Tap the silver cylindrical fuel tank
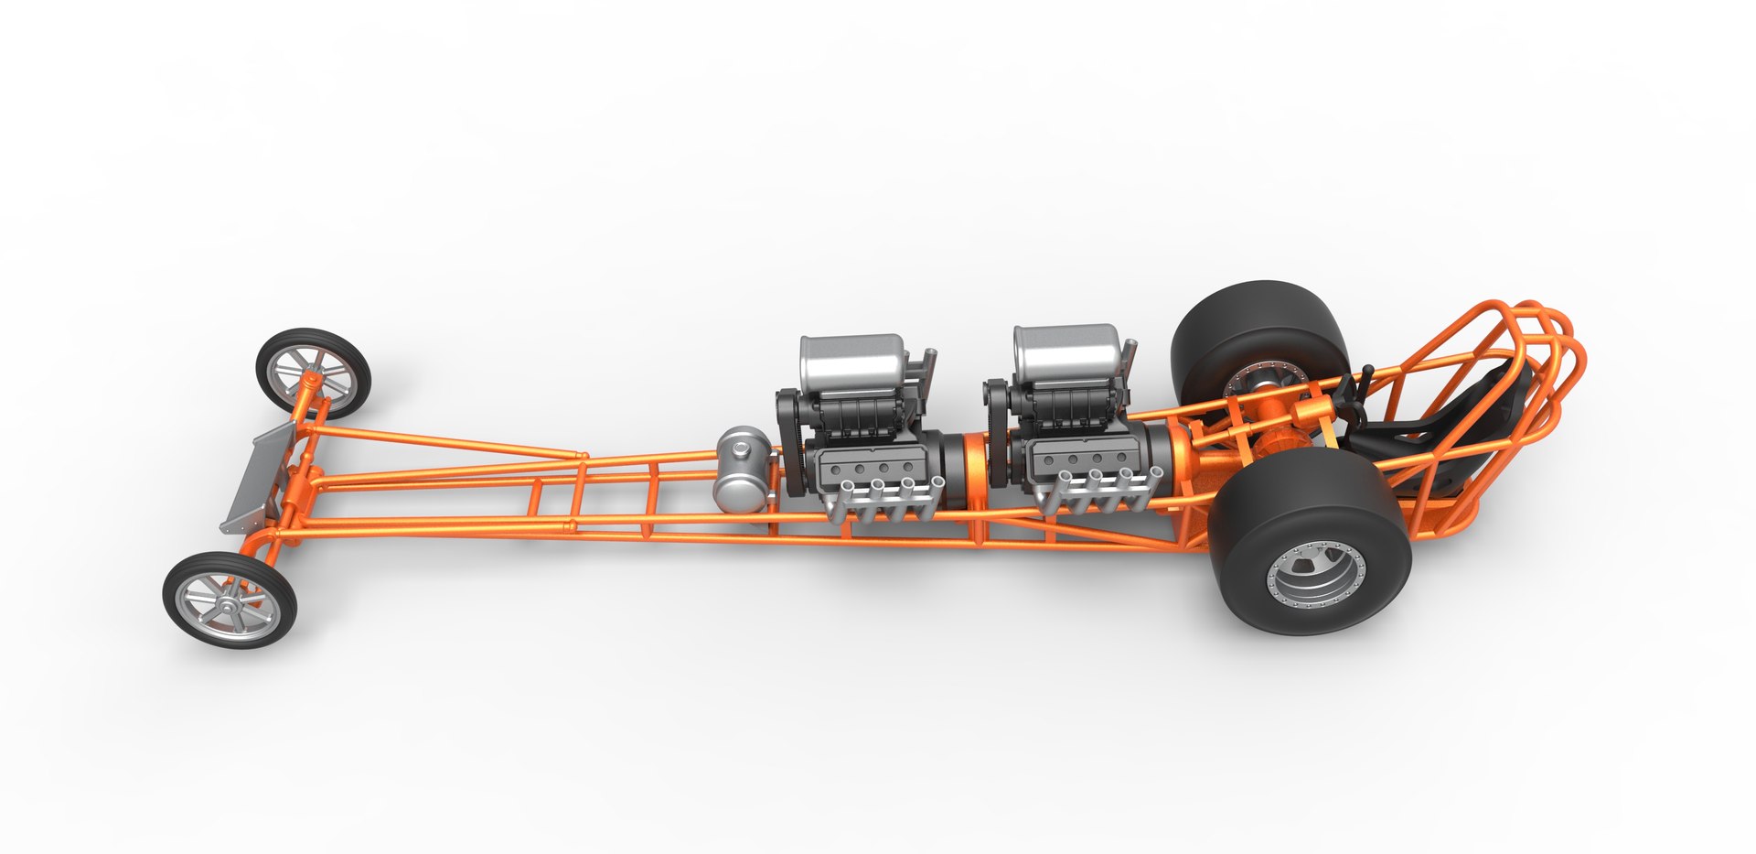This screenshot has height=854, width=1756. coord(741,471)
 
